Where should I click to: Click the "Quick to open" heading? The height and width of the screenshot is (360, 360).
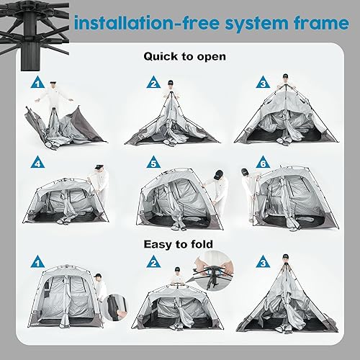[184, 55]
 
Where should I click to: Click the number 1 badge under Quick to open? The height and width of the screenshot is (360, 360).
[38, 83]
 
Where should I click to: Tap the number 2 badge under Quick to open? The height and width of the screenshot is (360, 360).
[153, 83]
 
